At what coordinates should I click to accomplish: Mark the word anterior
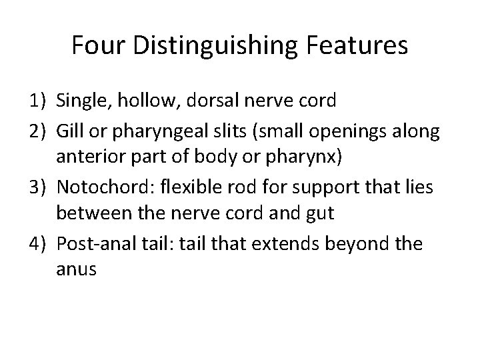coord(89,157)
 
